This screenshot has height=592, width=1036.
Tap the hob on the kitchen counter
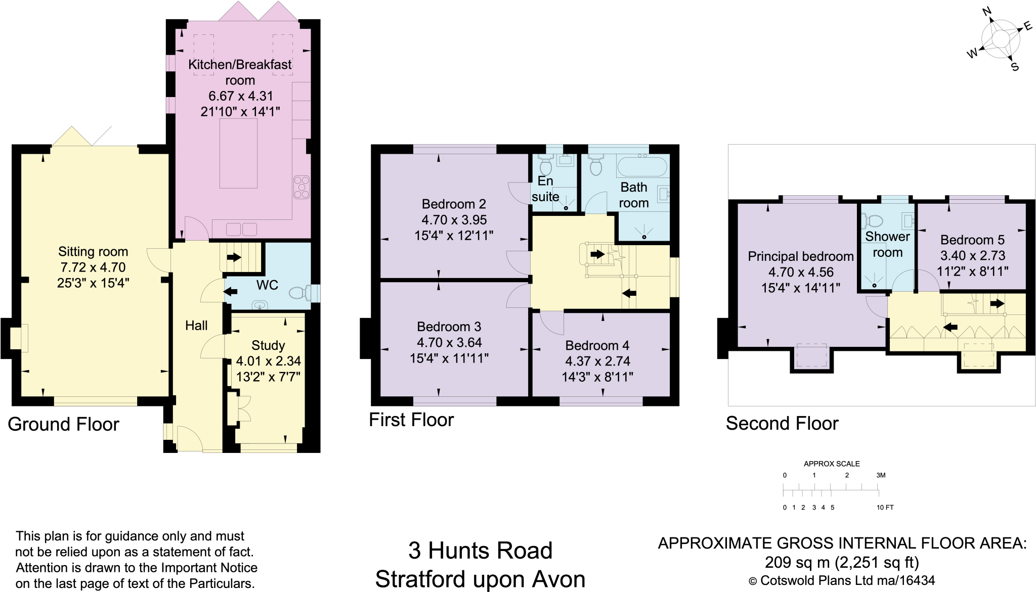click(301, 188)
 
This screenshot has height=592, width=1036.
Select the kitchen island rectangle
click(238, 153)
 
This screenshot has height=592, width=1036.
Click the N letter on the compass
click(986, 12)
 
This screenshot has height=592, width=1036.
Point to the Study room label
click(268, 345)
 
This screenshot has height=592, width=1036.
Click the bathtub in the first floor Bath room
click(642, 166)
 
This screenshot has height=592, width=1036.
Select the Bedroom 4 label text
click(597, 345)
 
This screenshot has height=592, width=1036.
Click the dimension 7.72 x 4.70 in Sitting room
click(93, 267)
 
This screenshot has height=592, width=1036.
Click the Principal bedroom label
click(800, 256)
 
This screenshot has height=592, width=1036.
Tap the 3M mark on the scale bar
click(881, 475)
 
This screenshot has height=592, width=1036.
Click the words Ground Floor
click(63, 424)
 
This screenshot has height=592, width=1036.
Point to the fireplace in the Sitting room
click(19, 338)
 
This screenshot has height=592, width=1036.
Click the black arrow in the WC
click(231, 292)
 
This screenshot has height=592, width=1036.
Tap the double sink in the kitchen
click(241, 229)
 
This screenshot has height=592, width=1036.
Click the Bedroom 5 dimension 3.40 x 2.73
click(972, 256)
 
